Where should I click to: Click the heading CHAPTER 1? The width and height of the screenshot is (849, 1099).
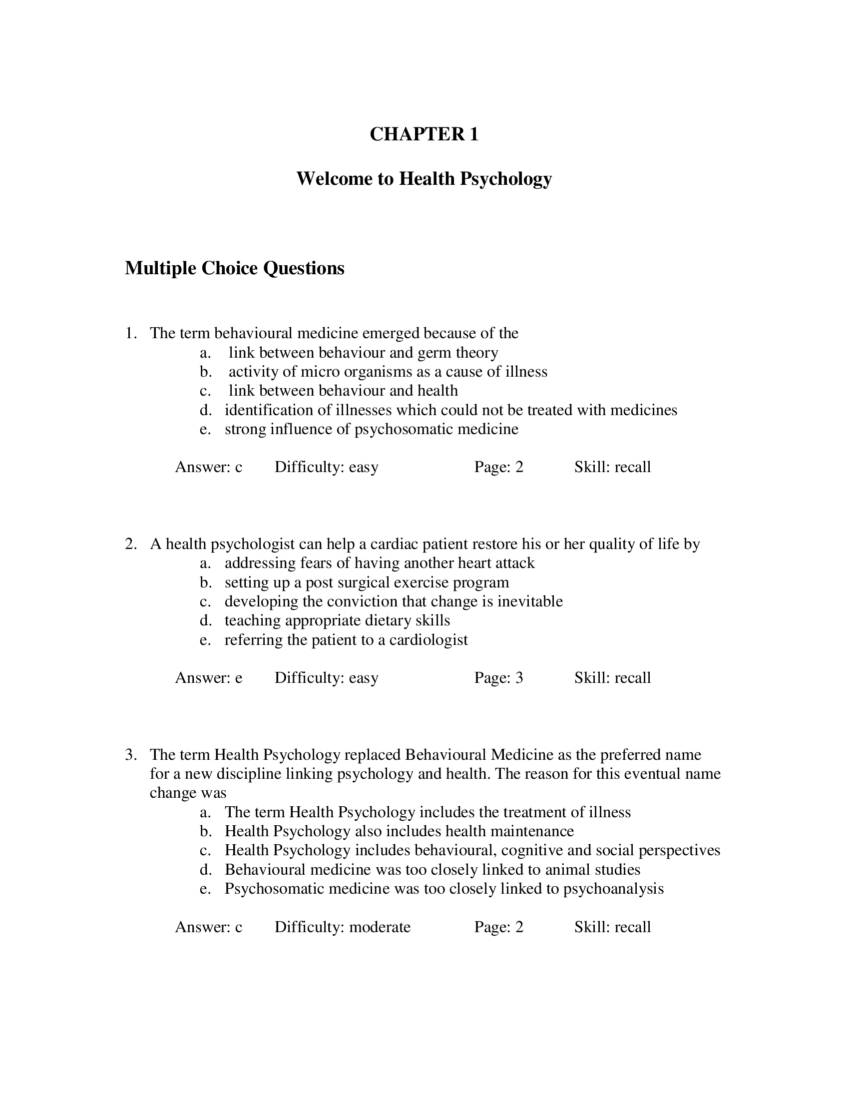(x=424, y=134)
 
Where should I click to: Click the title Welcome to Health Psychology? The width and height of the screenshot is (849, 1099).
(x=424, y=179)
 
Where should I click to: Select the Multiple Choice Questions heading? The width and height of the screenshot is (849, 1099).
(x=234, y=268)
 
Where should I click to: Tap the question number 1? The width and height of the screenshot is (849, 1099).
(x=130, y=333)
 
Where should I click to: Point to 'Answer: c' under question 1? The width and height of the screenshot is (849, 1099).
(x=208, y=467)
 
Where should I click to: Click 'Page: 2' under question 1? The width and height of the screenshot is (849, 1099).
(x=498, y=467)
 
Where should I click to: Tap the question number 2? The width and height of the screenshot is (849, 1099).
(x=130, y=544)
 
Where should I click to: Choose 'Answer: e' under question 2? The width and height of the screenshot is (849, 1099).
(x=208, y=678)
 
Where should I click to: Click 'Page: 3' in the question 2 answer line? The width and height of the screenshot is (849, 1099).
(x=498, y=678)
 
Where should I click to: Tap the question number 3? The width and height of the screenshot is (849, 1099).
(x=130, y=755)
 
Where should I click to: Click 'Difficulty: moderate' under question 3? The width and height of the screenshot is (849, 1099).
(x=342, y=927)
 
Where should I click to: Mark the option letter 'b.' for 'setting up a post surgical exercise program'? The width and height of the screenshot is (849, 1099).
(x=205, y=582)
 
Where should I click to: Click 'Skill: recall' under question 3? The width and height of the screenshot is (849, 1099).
(x=612, y=927)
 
